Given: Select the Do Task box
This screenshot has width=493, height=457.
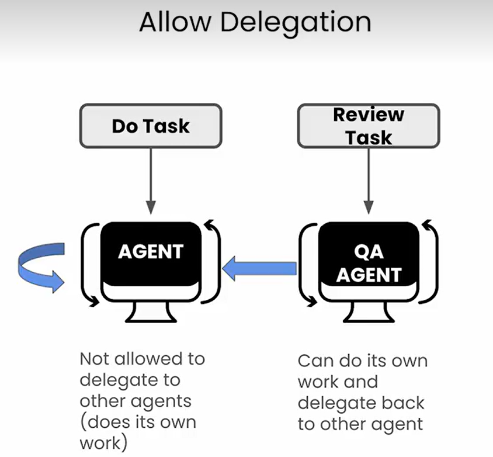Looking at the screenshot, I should [x=151, y=125].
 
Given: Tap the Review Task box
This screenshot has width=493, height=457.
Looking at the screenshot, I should [x=368, y=126].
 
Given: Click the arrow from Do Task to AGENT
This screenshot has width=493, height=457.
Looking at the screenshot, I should [x=151, y=178].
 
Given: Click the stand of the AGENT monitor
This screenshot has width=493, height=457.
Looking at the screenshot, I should [x=151, y=313].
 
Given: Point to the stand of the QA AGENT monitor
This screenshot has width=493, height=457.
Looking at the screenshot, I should [x=368, y=313].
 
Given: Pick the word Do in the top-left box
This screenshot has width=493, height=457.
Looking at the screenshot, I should [x=124, y=126].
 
